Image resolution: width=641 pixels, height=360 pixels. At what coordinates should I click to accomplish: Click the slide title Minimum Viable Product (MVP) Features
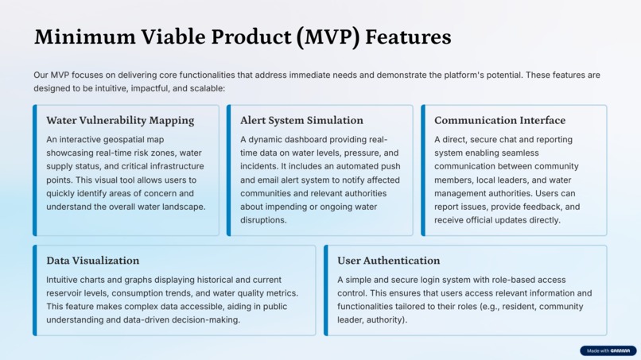click(x=243, y=37)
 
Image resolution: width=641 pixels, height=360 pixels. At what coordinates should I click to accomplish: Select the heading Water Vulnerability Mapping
click(x=120, y=121)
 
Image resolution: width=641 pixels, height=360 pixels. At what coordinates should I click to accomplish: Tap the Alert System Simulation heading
click(x=301, y=121)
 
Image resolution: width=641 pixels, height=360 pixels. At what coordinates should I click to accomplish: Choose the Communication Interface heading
click(x=499, y=121)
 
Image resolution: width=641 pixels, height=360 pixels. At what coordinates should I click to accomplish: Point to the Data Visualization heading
click(x=92, y=261)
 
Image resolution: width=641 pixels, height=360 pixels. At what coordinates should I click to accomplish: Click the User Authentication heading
click(x=388, y=261)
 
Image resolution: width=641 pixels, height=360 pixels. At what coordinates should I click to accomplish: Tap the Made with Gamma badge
click(x=608, y=350)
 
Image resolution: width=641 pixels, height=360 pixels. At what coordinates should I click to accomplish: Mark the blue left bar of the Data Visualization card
click(x=35, y=290)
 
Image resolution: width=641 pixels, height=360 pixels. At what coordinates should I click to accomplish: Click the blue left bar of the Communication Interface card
click(x=423, y=170)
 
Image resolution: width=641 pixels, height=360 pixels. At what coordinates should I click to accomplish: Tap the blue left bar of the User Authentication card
click(x=326, y=290)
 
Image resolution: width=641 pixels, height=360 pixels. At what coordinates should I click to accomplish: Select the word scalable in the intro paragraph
click(x=204, y=88)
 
